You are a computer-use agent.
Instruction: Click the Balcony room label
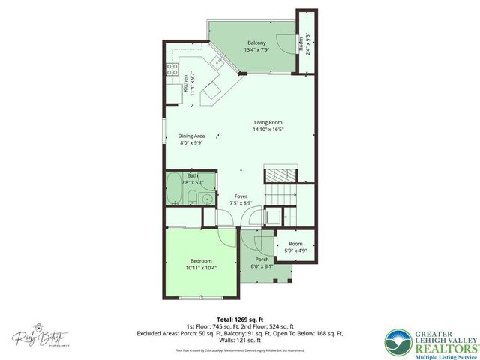tap(256, 43)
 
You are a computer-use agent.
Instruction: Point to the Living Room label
tap(267, 122)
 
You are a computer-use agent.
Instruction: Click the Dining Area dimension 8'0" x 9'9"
tap(191, 143)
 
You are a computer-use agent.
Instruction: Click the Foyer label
tap(240, 196)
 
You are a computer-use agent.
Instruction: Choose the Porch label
tap(262, 259)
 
